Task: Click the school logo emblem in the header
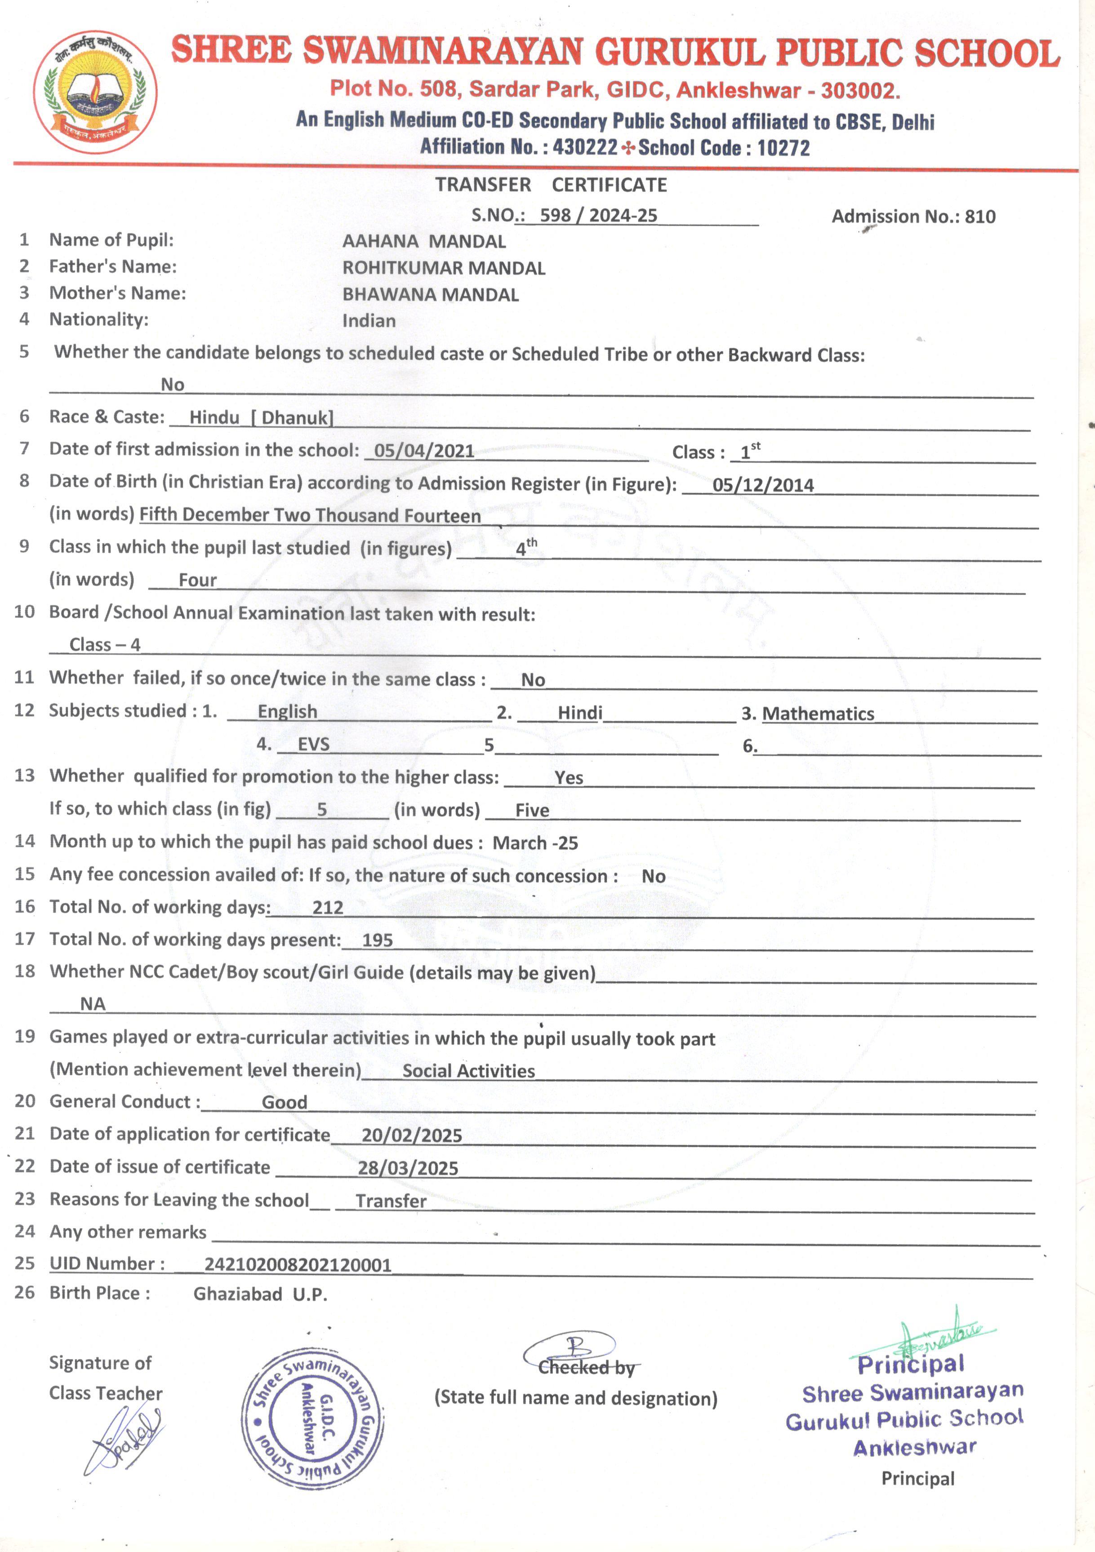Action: pyautogui.click(x=96, y=92)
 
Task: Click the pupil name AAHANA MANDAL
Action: pyautogui.click(x=423, y=241)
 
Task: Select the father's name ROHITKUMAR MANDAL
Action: pyautogui.click(x=443, y=268)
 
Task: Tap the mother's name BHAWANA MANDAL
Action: pyautogui.click(x=430, y=295)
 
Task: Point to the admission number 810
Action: pyautogui.click(x=980, y=217)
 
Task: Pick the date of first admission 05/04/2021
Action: pyautogui.click(x=424, y=451)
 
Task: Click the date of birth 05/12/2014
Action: pyautogui.click(x=763, y=485)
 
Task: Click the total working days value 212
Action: pyautogui.click(x=328, y=907)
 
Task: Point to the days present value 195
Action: pyautogui.click(x=378, y=940)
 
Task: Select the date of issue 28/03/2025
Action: pyautogui.click(x=408, y=1168)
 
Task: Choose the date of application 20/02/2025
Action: pyautogui.click(x=411, y=1135)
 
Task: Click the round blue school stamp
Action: pyautogui.click(x=312, y=1419)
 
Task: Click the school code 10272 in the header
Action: pyautogui.click(x=783, y=147)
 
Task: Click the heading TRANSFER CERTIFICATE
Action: pyautogui.click(x=551, y=185)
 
